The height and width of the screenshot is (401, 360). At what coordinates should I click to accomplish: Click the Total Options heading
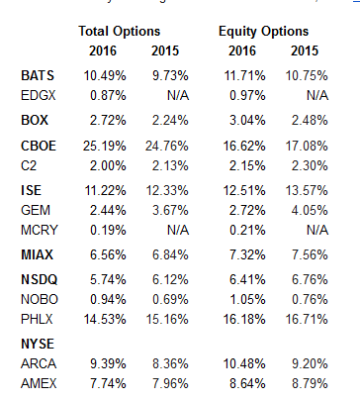click(x=118, y=31)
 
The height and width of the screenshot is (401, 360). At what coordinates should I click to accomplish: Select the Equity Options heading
click(x=263, y=31)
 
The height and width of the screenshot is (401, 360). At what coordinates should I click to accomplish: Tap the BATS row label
click(x=39, y=75)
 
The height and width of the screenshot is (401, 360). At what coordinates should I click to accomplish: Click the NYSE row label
click(x=39, y=344)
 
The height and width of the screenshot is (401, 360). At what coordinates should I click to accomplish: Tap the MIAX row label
click(x=39, y=254)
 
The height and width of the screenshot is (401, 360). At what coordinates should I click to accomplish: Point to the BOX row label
click(x=35, y=121)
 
